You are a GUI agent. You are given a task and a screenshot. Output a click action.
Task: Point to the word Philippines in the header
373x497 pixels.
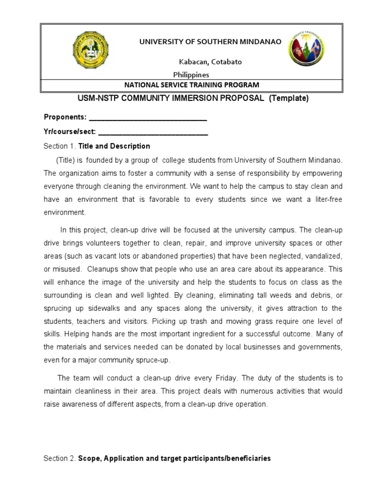pyautogui.click(x=191, y=75)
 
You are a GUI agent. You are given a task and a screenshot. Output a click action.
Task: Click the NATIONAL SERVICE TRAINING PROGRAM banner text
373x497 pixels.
pyautogui.click(x=191, y=85)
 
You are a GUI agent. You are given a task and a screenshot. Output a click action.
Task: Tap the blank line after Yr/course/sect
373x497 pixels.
pyautogui.click(x=153, y=132)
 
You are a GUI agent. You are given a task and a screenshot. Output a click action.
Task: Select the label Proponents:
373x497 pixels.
pyautogui.click(x=65, y=117)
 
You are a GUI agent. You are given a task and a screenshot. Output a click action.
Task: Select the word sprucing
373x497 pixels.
pyautogui.click(x=59, y=308)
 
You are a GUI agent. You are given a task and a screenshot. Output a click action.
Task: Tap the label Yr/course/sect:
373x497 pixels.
pyautogui.click(x=70, y=132)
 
